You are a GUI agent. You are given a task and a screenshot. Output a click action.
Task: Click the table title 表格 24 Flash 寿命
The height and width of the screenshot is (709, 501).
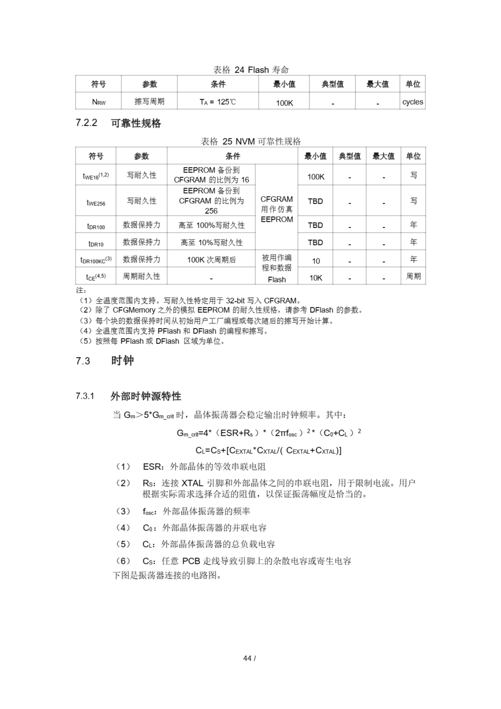coord(251,70)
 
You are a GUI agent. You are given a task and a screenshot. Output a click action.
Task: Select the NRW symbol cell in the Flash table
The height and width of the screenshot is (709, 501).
coord(99,102)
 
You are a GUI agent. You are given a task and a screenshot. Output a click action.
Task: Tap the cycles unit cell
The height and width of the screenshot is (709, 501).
coord(412,102)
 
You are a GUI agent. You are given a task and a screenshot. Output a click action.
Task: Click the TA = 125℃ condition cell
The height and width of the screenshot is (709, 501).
coord(218,102)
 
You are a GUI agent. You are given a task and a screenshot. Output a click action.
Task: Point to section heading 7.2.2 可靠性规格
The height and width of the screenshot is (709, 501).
coord(118,123)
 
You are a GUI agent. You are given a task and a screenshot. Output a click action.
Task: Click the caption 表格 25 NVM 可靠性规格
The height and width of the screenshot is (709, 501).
coord(251,142)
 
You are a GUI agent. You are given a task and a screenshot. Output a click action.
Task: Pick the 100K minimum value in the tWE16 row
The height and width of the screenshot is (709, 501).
coord(316,177)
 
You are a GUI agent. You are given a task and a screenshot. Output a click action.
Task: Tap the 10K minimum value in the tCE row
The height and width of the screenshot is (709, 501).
coord(316,278)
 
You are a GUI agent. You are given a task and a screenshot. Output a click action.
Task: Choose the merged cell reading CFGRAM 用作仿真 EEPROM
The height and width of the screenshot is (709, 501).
coord(277,209)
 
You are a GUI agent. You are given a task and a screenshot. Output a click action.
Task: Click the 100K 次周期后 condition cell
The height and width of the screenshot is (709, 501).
coord(211,260)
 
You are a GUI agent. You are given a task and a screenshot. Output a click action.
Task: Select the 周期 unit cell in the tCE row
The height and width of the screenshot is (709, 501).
coord(413,276)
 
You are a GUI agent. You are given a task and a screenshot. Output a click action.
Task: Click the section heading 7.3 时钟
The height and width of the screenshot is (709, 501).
coord(105,360)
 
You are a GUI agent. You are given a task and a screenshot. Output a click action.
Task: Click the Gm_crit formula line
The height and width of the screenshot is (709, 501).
coord(268,433)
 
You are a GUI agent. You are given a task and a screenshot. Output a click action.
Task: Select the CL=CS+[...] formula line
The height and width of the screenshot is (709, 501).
coord(268,451)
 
